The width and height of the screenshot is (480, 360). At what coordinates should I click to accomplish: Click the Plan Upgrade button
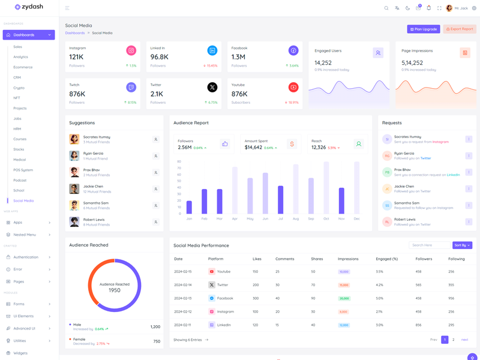424,29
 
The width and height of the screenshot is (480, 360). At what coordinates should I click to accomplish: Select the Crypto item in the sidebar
19,88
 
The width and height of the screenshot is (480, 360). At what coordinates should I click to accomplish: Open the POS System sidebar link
23,170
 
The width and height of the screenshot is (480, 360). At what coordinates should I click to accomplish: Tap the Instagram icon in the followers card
131,51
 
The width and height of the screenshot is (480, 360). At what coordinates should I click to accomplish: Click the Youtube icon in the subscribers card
293,88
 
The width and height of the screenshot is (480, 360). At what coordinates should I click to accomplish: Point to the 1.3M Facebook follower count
238,57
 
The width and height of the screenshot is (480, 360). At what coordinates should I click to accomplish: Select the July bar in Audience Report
280,200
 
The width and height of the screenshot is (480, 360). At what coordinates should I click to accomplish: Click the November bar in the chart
341,201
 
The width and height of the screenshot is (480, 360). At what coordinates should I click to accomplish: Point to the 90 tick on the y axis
179,161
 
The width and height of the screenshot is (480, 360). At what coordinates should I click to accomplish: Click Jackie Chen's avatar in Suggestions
74,189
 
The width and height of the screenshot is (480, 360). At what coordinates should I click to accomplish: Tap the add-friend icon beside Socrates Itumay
155,139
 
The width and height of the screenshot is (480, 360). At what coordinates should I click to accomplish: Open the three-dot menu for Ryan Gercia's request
469,156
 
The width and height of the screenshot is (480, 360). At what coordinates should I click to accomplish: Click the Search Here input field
429,245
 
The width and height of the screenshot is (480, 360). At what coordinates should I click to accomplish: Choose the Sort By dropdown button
462,245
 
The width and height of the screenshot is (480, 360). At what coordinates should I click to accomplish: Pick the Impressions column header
348,259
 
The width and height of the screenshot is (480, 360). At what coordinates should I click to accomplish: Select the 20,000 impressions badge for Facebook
344,298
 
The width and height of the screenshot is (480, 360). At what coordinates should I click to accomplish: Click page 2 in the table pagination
454,340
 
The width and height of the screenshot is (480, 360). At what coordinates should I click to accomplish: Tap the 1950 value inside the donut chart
115,290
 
